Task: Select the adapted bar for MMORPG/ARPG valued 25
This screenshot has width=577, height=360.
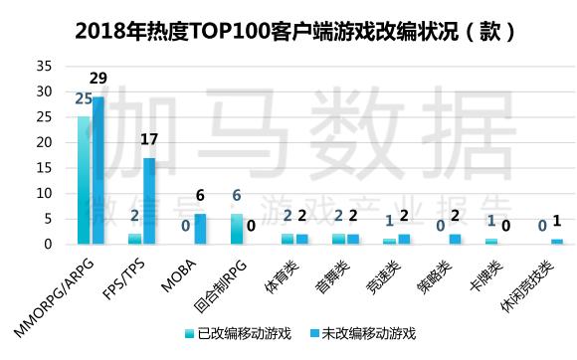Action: click(84, 180)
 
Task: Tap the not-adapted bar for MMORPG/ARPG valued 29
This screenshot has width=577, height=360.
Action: click(97, 170)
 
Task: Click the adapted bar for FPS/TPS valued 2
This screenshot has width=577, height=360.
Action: click(134, 239)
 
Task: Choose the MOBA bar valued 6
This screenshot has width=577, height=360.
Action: click(200, 229)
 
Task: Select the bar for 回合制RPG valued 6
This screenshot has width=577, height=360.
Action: click(237, 229)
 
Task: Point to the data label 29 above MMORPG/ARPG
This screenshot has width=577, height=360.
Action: click(98, 78)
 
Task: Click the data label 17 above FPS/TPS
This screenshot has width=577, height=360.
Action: click(149, 140)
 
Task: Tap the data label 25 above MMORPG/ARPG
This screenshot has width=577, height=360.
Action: click(84, 98)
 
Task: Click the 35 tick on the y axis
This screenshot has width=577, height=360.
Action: click(44, 67)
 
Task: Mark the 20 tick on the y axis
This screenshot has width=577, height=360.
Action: click(44, 142)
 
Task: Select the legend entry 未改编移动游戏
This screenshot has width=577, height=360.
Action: click(364, 332)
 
